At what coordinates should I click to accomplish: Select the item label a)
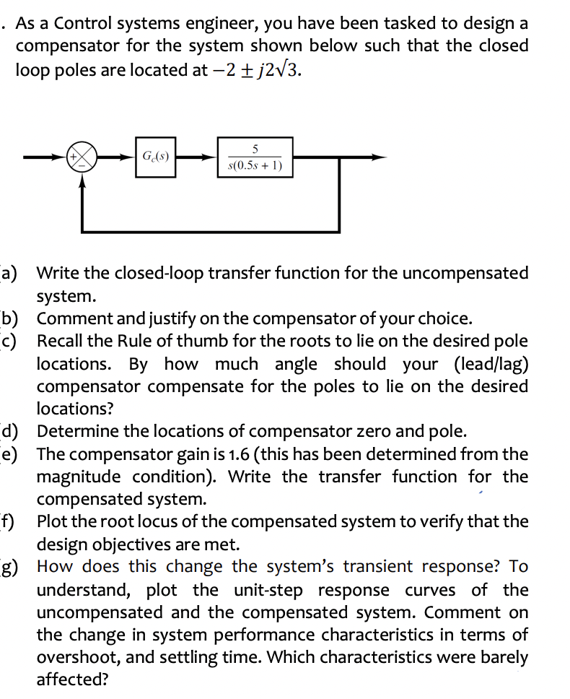pyautogui.click(x=12, y=273)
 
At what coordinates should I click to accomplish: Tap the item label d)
pyautogui.click(x=12, y=432)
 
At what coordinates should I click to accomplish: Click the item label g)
pyautogui.click(x=12, y=567)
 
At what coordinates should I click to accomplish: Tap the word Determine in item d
pyautogui.click(x=74, y=432)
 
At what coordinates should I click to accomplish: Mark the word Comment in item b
pyautogui.click(x=69, y=318)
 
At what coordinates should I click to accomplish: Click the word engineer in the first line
pyautogui.click(x=218, y=24)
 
